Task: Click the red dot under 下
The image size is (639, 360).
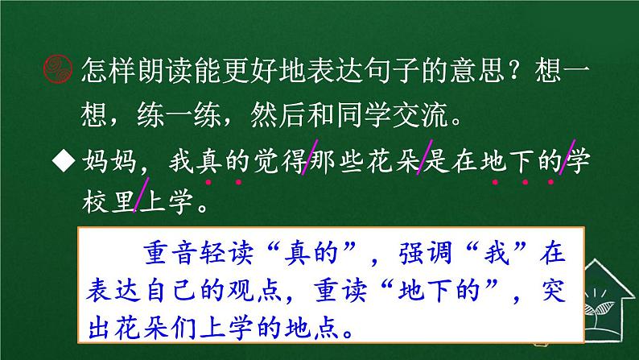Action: click(526, 181)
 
